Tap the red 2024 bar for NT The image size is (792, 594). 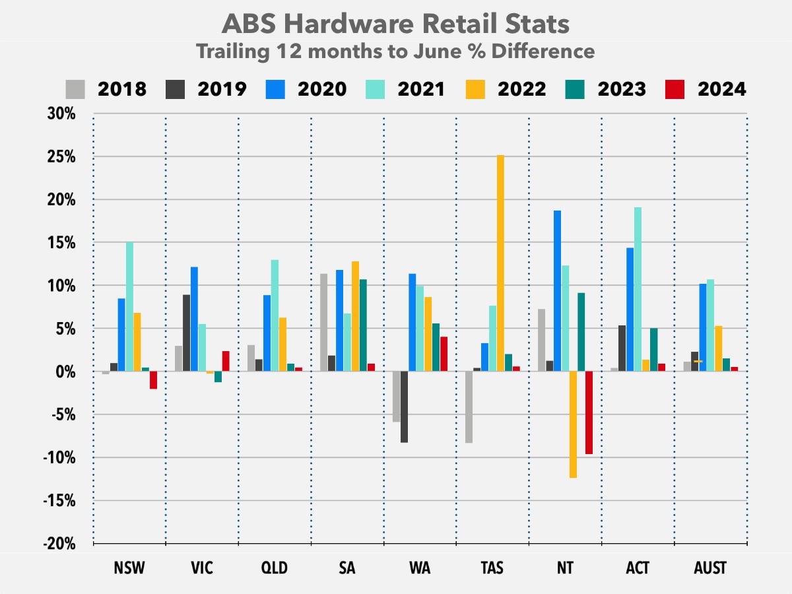coord(589,412)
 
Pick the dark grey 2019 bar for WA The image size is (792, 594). coord(404,407)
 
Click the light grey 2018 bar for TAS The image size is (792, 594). coord(469,407)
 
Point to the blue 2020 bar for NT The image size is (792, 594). coord(557,290)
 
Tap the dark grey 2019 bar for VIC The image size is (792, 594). coord(186,333)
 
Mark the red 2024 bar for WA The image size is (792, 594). coord(444,354)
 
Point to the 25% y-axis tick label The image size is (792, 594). coord(61,157)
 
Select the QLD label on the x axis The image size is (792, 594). coord(275,568)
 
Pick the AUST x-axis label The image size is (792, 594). coord(710,568)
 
